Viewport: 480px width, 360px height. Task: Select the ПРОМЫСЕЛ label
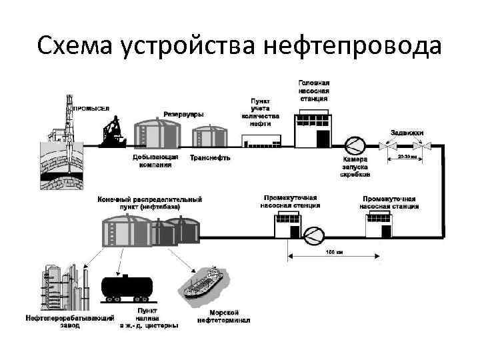pyautogui.click(x=91, y=108)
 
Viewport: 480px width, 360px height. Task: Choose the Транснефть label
pyautogui.click(x=210, y=158)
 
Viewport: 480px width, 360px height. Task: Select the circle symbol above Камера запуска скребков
pyautogui.click(x=355, y=145)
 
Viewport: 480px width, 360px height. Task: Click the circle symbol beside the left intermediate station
pyautogui.click(x=313, y=233)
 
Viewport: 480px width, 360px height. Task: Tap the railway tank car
pyautogui.click(x=127, y=288)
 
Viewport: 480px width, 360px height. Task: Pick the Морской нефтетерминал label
pyautogui.click(x=224, y=316)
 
